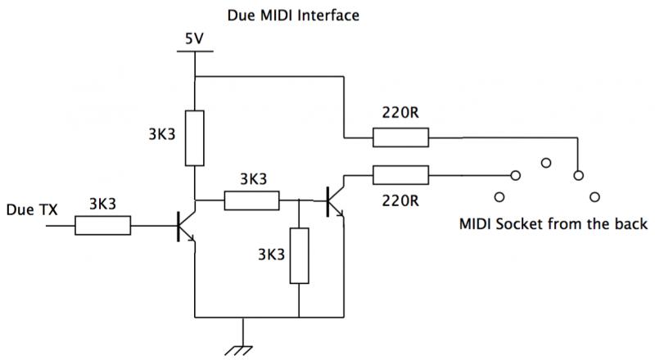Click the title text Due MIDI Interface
pos(293,16)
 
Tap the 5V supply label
pos(194,38)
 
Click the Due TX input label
pos(32,209)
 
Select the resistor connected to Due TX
pos(103,226)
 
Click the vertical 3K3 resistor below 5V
pos(195,138)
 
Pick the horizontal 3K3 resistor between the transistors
pos(252,200)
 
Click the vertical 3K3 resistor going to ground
pos(300,255)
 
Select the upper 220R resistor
pos(400,137)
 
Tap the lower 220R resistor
pos(400,175)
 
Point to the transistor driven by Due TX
pos(186,227)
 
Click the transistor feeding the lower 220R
pos(336,202)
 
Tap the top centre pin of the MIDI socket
pos(546,163)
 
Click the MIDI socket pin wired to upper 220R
pos(578,175)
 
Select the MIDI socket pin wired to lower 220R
pos(516,175)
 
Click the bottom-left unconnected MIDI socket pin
pos(499,196)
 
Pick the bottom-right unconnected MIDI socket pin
pos(594,196)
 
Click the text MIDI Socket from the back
pos(553,224)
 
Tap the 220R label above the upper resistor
pos(400,112)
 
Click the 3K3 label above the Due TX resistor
pos(103,204)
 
